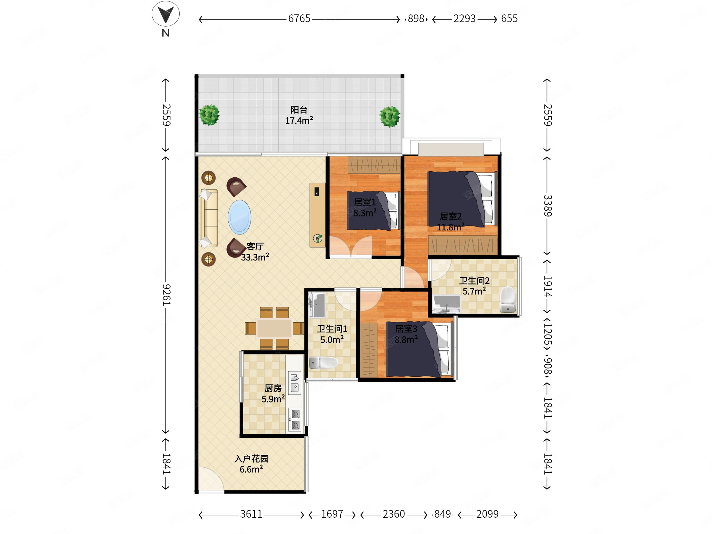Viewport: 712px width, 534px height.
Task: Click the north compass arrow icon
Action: coord(165,14)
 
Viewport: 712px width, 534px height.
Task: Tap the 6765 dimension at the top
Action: coord(299,19)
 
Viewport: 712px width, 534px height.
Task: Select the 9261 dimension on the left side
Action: coord(166,295)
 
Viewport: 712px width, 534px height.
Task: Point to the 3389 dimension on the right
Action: coord(547,206)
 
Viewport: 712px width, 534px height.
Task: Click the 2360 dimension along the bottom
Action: coord(394,514)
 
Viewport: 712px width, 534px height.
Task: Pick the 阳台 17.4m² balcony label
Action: coord(299,115)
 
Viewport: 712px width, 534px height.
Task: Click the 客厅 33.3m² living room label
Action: coord(255,252)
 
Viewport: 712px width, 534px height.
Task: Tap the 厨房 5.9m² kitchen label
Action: coord(273,393)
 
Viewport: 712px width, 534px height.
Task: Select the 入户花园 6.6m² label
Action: coord(251,464)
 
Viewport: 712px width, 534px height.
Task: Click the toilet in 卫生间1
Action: coord(323,363)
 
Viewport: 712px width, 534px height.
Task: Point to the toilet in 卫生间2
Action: coord(508,300)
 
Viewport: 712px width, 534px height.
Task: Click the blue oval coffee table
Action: coord(240,217)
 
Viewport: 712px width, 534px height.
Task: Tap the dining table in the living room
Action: coord(274,328)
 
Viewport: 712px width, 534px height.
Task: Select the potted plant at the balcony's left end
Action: coord(209,115)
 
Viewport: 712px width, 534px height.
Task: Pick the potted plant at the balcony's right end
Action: coord(390,116)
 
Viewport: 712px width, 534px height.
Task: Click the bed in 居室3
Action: coord(420,349)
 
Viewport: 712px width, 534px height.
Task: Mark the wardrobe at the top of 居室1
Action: coord(374,165)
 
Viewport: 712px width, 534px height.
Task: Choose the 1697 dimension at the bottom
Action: coord(332,514)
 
